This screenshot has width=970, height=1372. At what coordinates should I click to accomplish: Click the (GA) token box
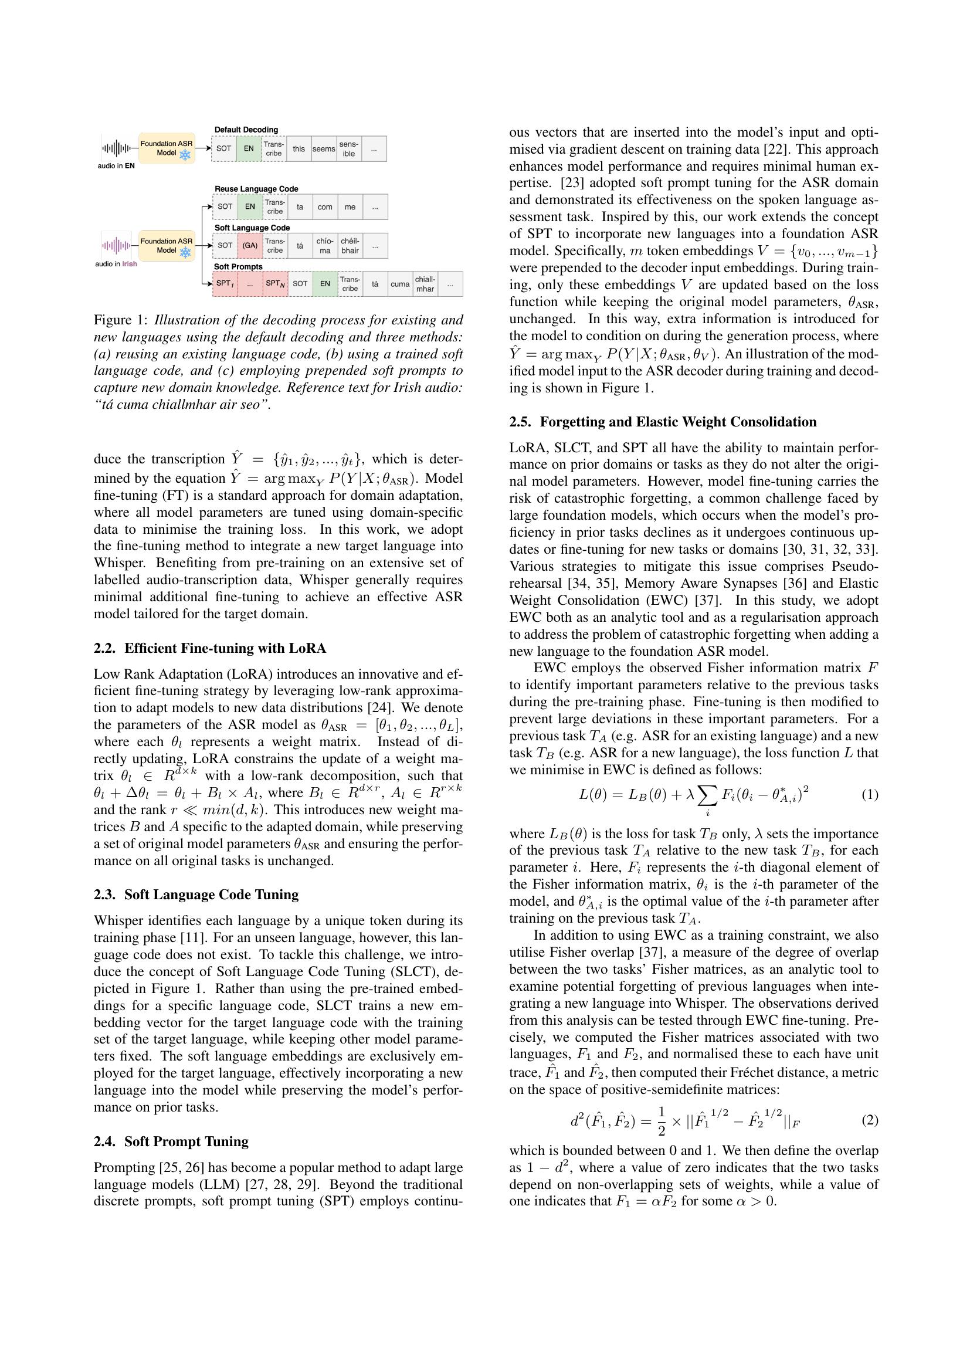[x=250, y=246]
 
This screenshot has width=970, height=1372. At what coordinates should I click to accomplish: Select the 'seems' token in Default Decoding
[x=324, y=149]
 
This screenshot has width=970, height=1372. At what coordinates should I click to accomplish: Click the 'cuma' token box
[x=399, y=284]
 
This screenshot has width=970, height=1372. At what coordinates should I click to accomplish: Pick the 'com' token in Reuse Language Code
[x=325, y=206]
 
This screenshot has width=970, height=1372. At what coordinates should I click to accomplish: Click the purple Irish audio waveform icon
[x=116, y=245]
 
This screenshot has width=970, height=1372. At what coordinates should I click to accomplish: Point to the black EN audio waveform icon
[x=116, y=148]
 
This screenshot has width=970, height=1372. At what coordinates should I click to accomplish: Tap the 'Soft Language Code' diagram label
[x=252, y=228]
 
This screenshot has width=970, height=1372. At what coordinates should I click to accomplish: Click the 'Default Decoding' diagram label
[x=246, y=130]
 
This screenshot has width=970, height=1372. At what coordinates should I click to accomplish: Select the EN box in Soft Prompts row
[x=325, y=284]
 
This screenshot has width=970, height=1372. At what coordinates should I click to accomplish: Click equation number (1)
[x=870, y=795]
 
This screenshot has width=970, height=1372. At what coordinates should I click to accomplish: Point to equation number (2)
[x=870, y=1120]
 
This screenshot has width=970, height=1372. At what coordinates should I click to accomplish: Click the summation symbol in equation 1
[x=708, y=795]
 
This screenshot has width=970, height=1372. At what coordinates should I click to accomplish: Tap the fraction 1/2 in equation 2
[x=661, y=1120]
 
